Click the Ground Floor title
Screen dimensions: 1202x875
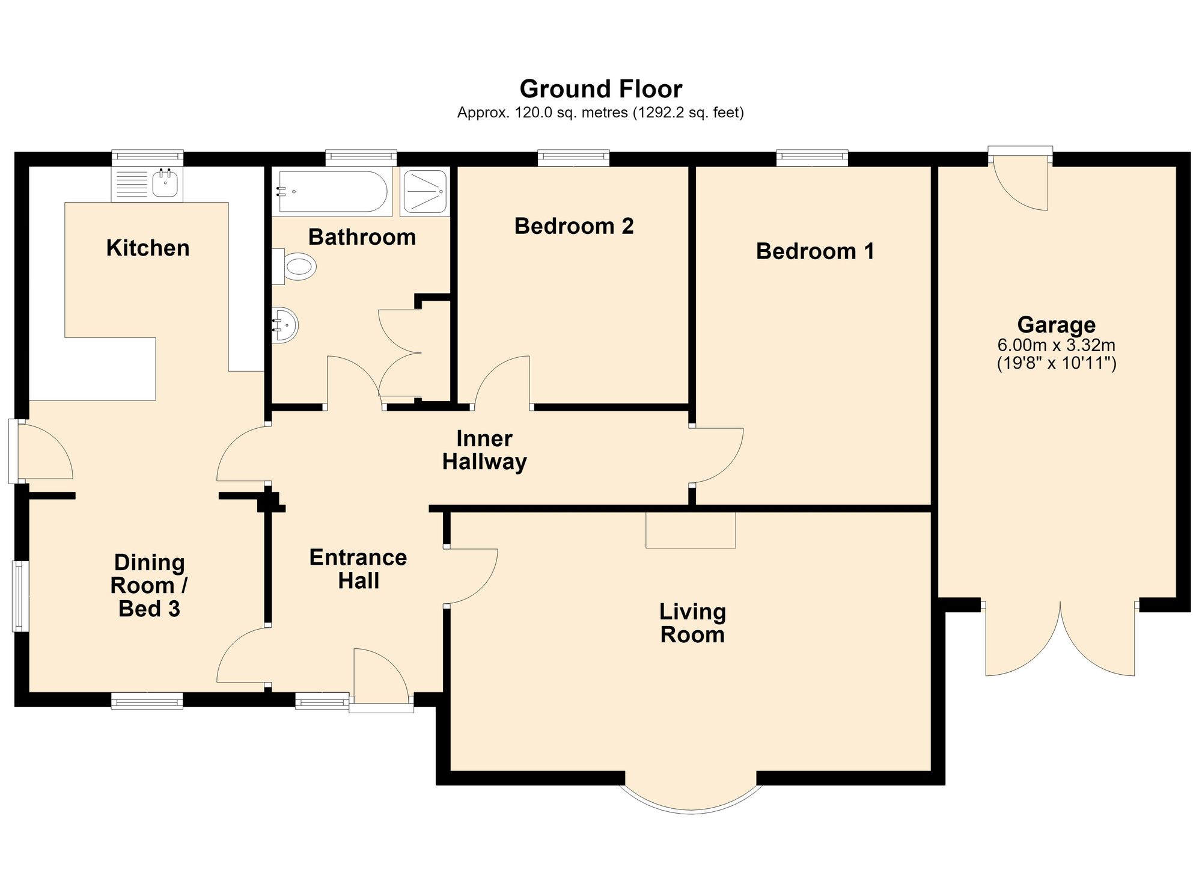(600, 89)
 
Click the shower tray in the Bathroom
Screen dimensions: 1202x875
(424, 192)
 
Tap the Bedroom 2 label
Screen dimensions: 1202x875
(574, 226)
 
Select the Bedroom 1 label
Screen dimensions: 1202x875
(815, 251)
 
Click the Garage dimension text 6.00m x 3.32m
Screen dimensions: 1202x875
(1057, 345)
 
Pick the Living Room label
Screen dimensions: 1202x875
(693, 623)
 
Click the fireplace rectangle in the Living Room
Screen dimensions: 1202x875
(691, 530)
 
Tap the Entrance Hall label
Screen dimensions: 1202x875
(358, 569)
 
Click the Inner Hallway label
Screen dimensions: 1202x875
(484, 450)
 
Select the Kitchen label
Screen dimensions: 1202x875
(148, 248)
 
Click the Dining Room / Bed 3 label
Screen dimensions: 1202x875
(150, 586)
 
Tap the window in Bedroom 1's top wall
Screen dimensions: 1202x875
(812, 158)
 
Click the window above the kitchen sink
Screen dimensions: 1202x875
(147, 158)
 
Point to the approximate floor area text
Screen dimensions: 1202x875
(600, 112)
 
